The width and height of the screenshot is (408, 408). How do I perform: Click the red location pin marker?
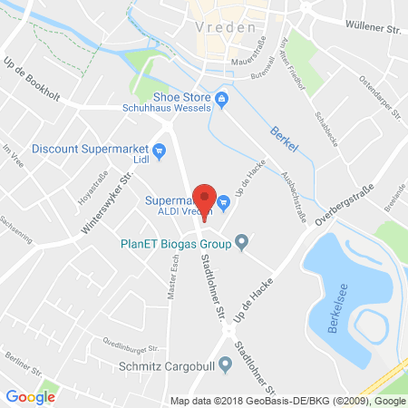[204, 200]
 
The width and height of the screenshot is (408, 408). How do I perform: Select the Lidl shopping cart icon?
[160, 151]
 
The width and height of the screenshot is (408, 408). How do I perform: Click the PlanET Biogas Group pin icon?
[242, 242]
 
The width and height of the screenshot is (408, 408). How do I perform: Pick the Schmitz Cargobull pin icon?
[227, 363]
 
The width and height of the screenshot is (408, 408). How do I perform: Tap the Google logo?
[30, 396]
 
